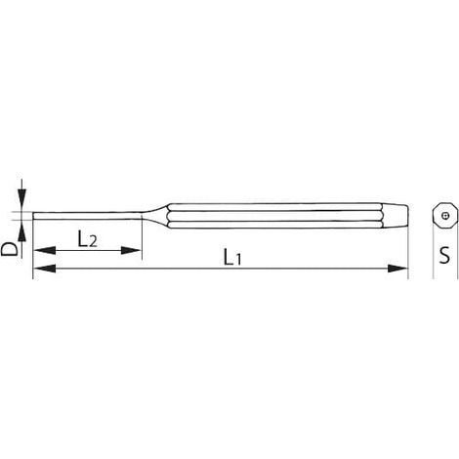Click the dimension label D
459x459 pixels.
click(9, 249)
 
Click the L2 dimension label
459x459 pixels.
click(87, 238)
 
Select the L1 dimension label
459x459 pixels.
click(232, 257)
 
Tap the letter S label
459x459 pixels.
click(444, 255)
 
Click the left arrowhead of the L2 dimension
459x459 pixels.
click(44, 250)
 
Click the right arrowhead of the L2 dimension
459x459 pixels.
click(131, 250)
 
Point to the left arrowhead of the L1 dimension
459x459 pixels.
click(44, 269)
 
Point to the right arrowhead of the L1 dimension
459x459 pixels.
click(396, 269)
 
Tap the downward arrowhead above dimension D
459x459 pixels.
click(21, 200)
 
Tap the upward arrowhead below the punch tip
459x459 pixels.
click(21, 230)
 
